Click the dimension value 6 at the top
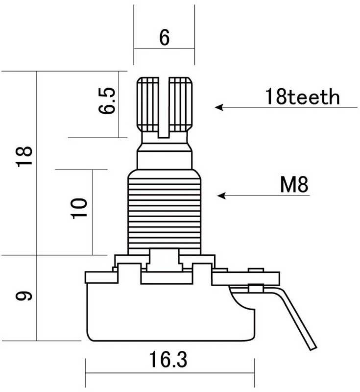pos(164,37)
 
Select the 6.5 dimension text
pos(107,100)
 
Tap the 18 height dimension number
pos(24,156)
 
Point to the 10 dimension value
pos(79,208)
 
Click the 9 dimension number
pos(24,296)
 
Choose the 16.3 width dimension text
pos(168,360)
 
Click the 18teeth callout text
pos(302,97)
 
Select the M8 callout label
pos(294,185)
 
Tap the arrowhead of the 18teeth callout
pos(219,107)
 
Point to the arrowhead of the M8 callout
pos(221,196)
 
